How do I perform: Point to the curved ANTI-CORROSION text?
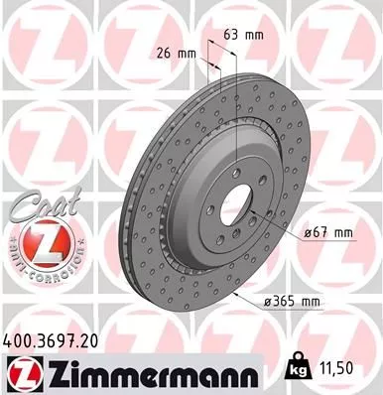coord(35,270)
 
